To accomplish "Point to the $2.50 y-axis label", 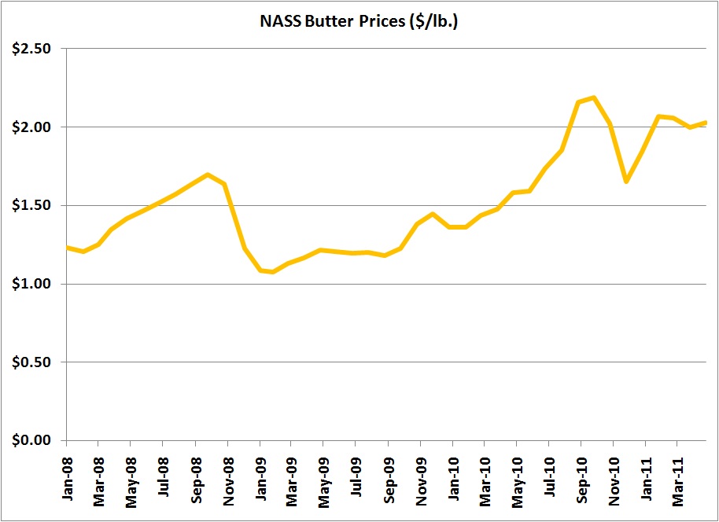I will coord(32,49).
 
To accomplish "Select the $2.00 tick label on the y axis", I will coord(32,127).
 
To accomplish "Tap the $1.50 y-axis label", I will coord(32,206).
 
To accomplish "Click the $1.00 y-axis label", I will coord(32,284).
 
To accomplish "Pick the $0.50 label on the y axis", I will coord(32,362).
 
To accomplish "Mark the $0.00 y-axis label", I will coord(32,440).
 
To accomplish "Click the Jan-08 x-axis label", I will coord(67,477).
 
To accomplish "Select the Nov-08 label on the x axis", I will coord(227,477).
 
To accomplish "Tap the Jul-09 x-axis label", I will coord(356,478).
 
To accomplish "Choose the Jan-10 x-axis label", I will coord(452,477).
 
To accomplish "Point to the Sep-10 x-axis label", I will coord(581,477).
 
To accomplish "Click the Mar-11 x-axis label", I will coord(677,477).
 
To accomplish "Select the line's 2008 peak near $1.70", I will coord(208,175).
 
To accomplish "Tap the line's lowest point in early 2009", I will coord(272,272).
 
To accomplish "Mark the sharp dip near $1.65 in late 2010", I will coord(626,182).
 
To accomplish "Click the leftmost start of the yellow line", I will coord(67,248).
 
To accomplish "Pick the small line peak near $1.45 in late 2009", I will coord(433,213).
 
